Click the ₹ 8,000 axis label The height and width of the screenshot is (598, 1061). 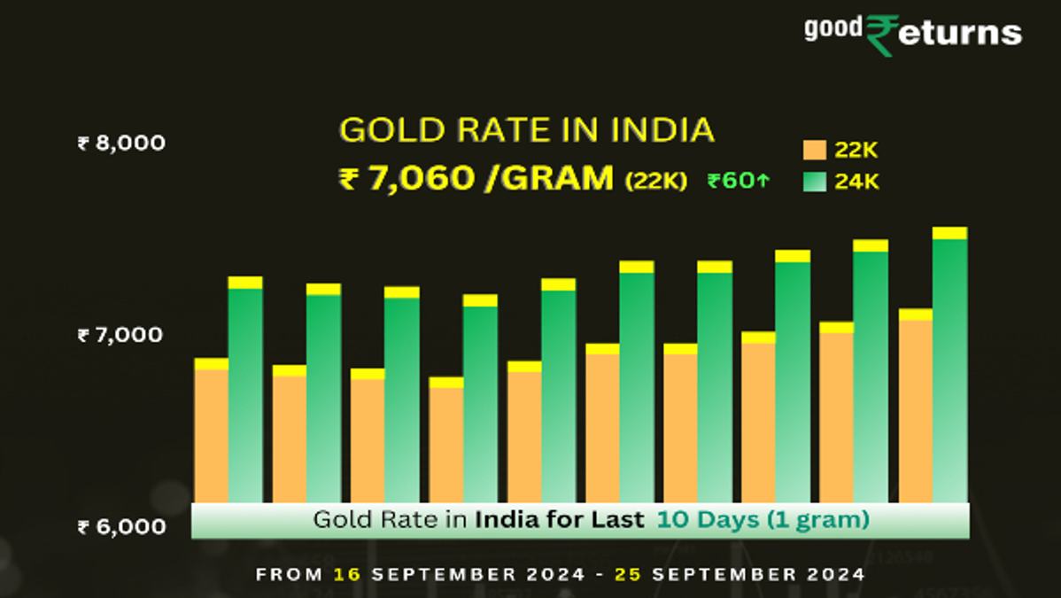(x=122, y=143)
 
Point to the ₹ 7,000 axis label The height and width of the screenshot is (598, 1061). (x=120, y=335)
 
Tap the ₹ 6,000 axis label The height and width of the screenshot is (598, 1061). (x=122, y=527)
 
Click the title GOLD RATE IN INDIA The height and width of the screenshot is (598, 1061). (x=526, y=129)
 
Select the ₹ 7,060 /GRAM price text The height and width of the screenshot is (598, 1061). (x=476, y=179)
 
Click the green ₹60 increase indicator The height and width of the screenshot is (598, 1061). (x=739, y=180)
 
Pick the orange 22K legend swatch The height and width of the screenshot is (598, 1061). (x=815, y=150)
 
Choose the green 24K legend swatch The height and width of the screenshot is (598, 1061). (x=815, y=182)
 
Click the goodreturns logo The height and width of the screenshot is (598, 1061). (x=913, y=34)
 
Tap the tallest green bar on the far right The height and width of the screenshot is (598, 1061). (x=950, y=365)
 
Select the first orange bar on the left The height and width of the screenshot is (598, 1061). (x=211, y=430)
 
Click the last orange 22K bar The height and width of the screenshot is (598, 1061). (x=916, y=406)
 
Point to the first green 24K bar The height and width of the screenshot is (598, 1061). (x=245, y=390)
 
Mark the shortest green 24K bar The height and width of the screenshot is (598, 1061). (x=480, y=398)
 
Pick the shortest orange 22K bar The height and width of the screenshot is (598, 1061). (x=445, y=439)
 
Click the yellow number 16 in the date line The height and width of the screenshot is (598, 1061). (x=347, y=574)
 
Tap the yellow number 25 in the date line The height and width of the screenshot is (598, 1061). (x=628, y=574)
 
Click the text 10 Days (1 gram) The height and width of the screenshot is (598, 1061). (x=763, y=520)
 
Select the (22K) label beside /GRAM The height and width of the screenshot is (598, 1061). (x=655, y=181)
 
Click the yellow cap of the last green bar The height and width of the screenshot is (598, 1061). (x=950, y=233)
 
